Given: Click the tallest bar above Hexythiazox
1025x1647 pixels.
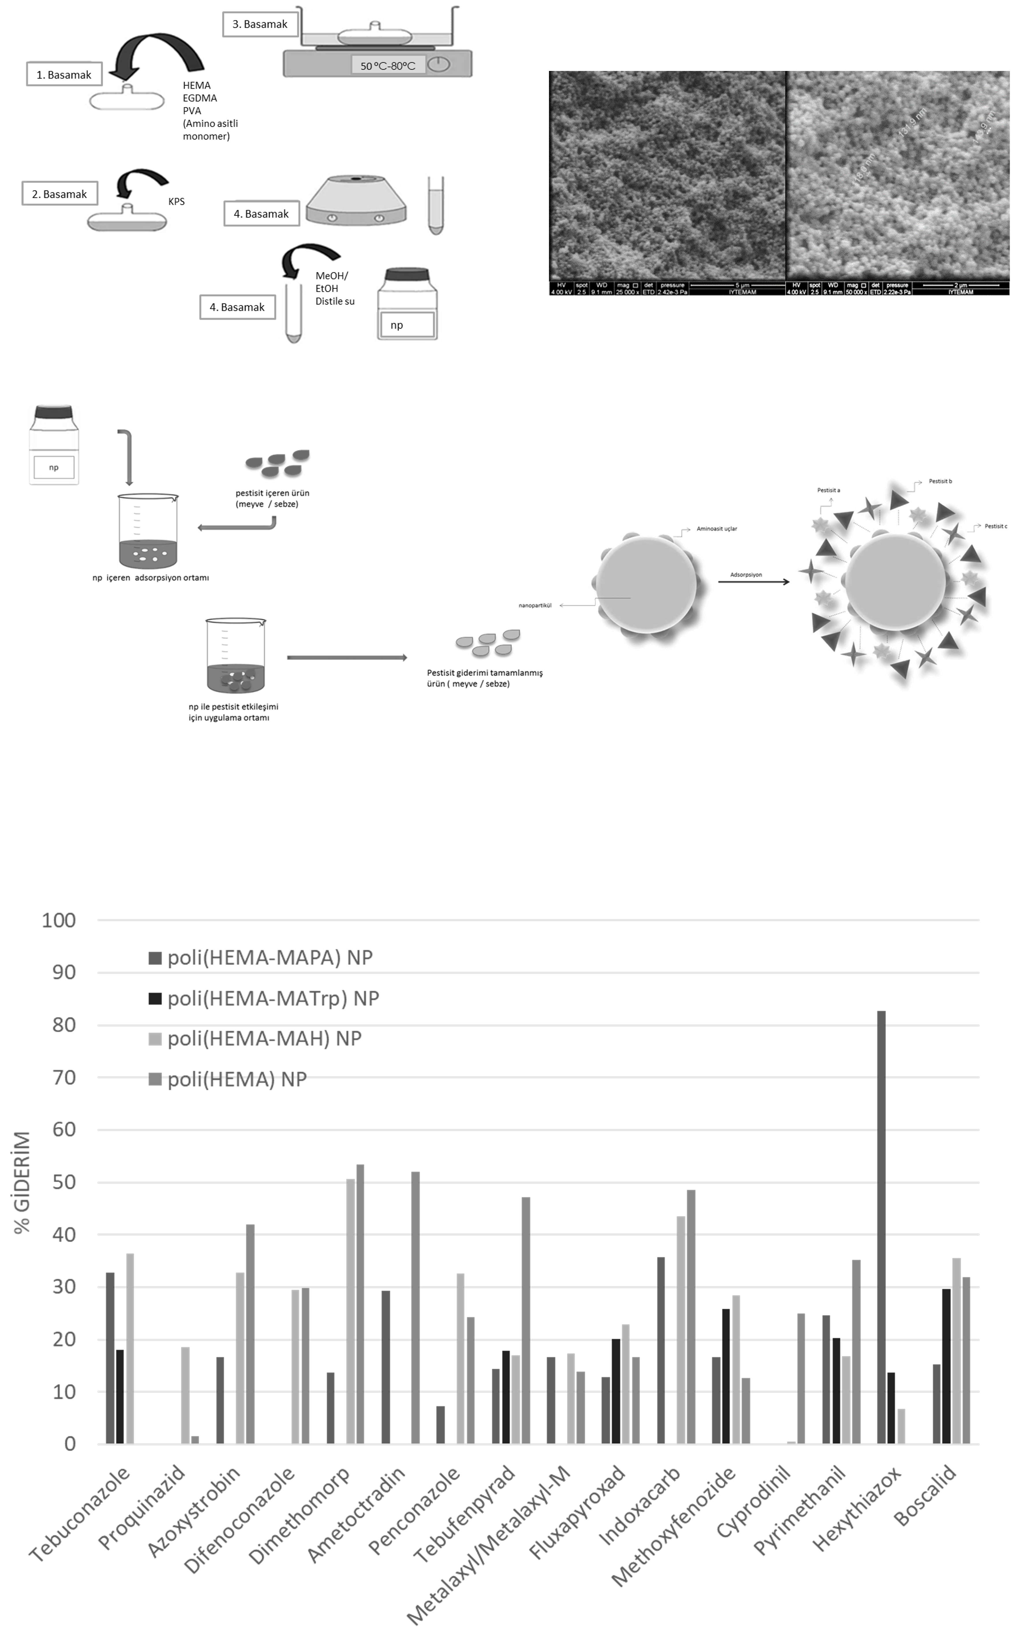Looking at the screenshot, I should pyautogui.click(x=881, y=1226).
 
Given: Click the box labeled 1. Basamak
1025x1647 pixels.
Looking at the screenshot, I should pyautogui.click(x=64, y=74).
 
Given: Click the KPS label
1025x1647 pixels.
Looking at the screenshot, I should pyautogui.click(x=176, y=201).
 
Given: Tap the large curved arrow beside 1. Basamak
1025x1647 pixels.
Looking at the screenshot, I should pyautogui.click(x=159, y=58).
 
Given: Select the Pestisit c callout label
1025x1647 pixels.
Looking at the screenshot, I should pyautogui.click(x=996, y=526).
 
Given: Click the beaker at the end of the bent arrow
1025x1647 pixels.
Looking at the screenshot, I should pyautogui.click(x=148, y=531).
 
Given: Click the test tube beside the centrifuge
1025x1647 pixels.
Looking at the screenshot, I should pyautogui.click(x=436, y=205).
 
